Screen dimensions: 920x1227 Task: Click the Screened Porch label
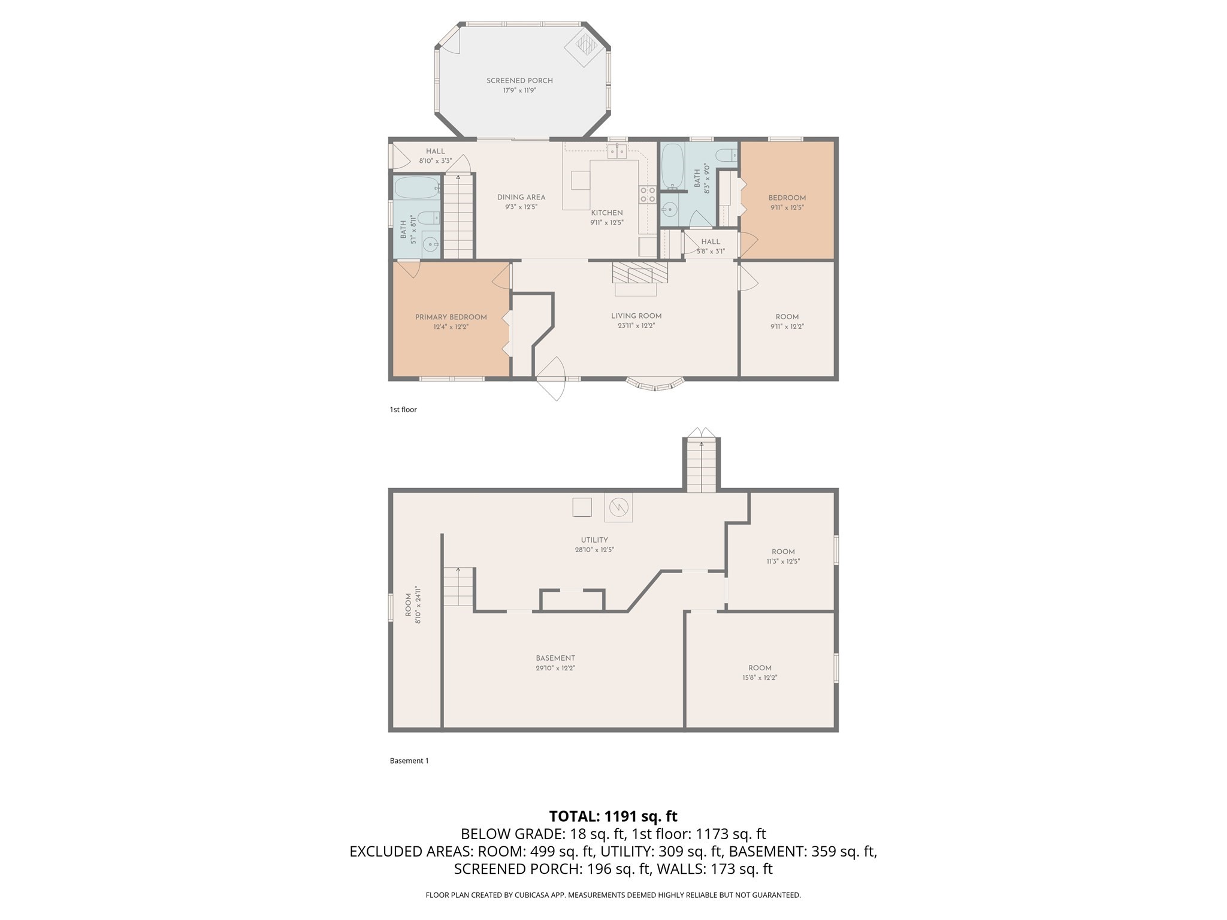[519, 80]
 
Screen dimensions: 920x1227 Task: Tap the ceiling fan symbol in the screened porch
[584, 46]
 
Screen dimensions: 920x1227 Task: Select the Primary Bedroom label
[451, 317]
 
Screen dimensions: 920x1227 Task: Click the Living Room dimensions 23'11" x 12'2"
[636, 326]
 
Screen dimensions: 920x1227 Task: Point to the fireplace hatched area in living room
[639, 272]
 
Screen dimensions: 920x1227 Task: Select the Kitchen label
[607, 213]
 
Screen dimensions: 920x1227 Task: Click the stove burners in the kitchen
[648, 195]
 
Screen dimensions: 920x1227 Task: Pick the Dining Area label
[521, 197]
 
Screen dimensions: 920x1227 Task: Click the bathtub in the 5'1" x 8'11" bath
[416, 187]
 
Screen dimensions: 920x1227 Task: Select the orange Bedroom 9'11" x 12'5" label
[787, 198]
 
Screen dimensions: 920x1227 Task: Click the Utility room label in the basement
[594, 540]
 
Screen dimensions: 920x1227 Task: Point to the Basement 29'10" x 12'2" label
[555, 658]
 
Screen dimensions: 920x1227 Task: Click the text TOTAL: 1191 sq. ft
[613, 816]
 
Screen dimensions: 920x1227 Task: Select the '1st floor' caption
[403, 410]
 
